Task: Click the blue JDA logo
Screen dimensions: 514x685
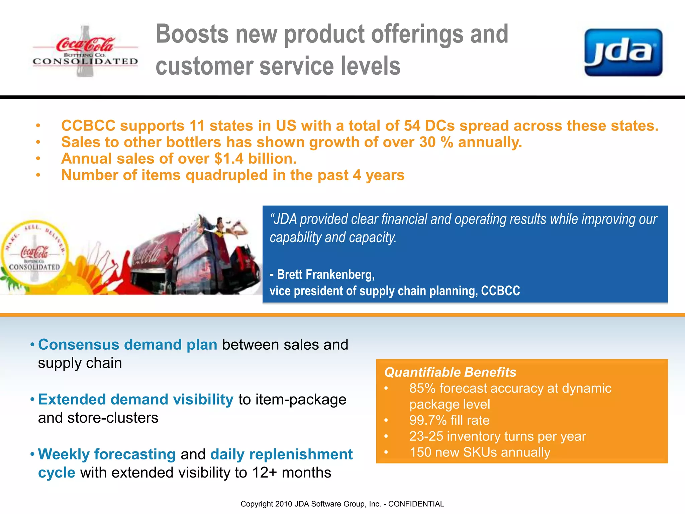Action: pyautogui.click(x=623, y=53)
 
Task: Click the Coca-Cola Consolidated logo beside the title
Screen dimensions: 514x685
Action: pyautogui.click(x=85, y=52)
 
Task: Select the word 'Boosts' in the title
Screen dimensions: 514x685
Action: pyautogui.click(x=192, y=34)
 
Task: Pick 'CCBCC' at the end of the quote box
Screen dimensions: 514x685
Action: pyautogui.click(x=500, y=291)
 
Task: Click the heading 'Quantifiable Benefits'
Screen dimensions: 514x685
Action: pyautogui.click(x=450, y=372)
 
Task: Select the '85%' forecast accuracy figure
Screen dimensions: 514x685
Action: pyautogui.click(x=422, y=389)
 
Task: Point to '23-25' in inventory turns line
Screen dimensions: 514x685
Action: pyautogui.click(x=426, y=436)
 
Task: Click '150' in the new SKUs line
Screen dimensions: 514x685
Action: pyautogui.click(x=420, y=452)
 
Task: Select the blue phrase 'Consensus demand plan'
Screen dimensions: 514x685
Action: pyautogui.click(x=127, y=345)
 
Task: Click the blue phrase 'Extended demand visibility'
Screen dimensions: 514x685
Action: pyautogui.click(x=135, y=400)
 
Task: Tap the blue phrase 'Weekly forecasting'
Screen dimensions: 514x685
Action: pyautogui.click(x=107, y=454)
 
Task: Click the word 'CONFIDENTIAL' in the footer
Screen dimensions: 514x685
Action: pyautogui.click(x=416, y=504)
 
